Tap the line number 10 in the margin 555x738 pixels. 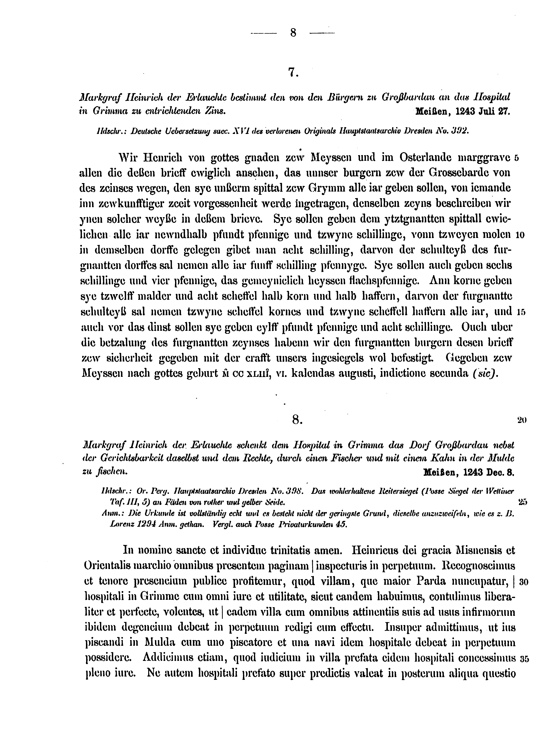[x=520, y=235]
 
